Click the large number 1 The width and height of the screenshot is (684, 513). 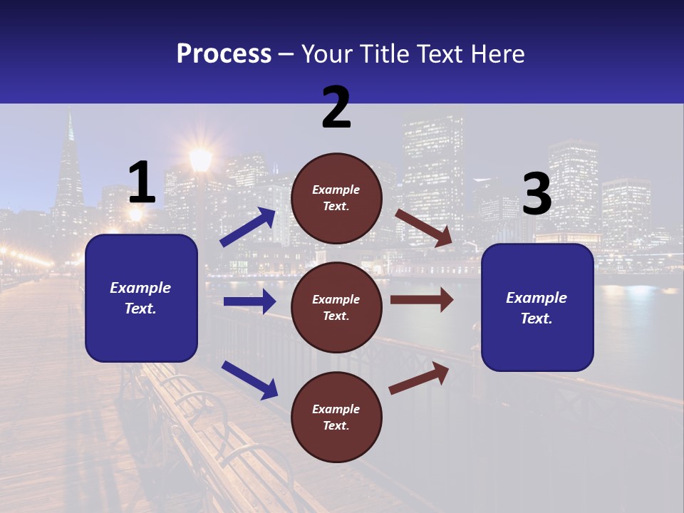142,182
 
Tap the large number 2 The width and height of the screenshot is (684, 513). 336,108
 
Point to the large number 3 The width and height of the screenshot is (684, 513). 537,194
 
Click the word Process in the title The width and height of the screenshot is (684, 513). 224,53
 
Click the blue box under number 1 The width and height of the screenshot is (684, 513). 141,298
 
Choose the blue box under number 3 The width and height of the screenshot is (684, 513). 537,307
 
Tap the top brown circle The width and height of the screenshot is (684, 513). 336,198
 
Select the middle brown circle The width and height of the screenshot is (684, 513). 336,307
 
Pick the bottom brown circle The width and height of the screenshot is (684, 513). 336,417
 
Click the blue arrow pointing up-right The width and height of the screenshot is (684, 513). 248,227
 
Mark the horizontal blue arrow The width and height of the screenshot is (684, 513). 249,301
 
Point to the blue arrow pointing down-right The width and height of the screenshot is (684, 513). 249,379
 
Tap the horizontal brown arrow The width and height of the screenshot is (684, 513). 422,300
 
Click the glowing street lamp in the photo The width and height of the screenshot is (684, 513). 200,159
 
